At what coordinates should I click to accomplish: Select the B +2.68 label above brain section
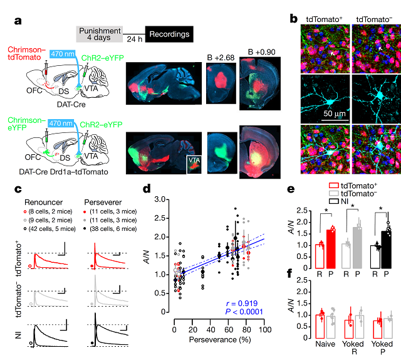[221, 58]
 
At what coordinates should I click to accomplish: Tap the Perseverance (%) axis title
[219, 339]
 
